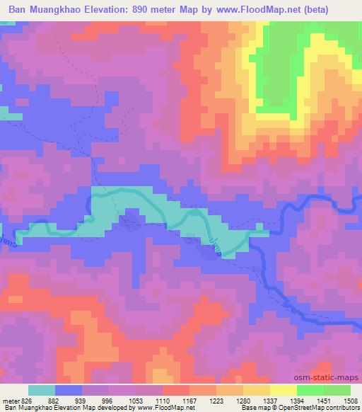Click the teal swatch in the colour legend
(42, 391)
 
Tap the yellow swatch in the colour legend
(284, 391)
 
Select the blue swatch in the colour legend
(69, 391)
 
